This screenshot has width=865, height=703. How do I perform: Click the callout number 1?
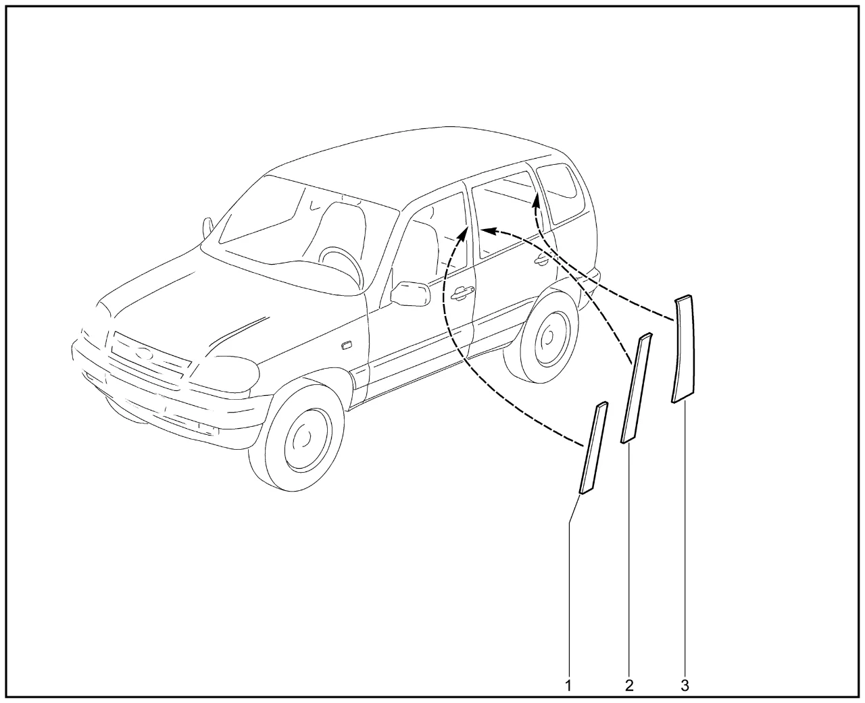point(568,685)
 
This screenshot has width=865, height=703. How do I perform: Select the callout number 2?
point(629,685)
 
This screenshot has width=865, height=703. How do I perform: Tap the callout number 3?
point(685,685)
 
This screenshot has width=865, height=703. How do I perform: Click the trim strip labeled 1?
point(593,448)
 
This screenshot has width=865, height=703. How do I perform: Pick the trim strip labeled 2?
point(637,388)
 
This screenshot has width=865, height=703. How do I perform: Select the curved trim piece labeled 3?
point(683,349)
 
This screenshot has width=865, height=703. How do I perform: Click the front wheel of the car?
point(297,436)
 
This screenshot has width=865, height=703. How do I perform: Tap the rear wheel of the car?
point(542,336)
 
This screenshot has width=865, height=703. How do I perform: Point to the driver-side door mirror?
point(410,294)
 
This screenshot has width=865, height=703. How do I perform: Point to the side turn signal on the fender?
point(346,345)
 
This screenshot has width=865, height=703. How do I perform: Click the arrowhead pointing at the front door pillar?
point(463,234)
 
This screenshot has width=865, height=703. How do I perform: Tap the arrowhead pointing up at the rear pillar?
point(537,201)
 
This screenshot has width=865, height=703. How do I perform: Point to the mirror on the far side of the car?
point(207,228)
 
